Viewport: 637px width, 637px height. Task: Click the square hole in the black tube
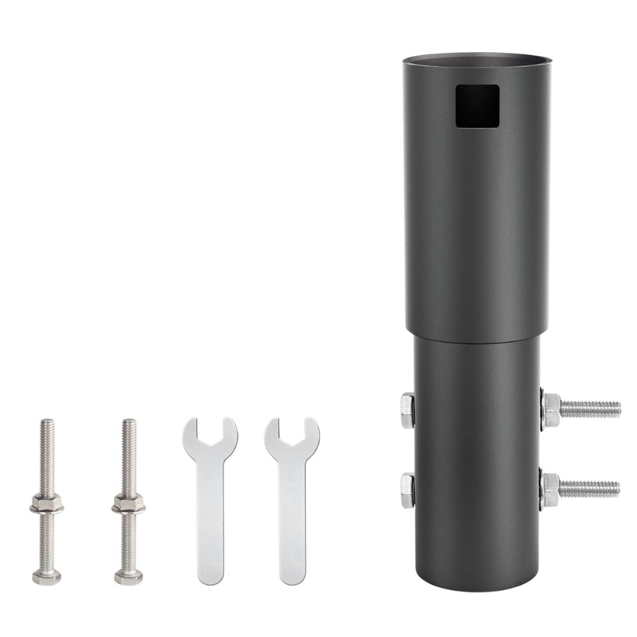(476, 106)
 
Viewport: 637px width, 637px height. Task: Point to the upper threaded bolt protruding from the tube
(589, 407)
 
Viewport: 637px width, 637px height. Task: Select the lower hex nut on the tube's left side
(407, 490)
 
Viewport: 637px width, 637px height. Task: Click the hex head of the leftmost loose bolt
(47, 577)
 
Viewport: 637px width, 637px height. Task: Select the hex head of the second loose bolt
(129, 577)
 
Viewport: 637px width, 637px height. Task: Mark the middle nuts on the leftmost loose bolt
(46, 506)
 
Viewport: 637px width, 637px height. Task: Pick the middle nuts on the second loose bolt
(128, 506)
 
